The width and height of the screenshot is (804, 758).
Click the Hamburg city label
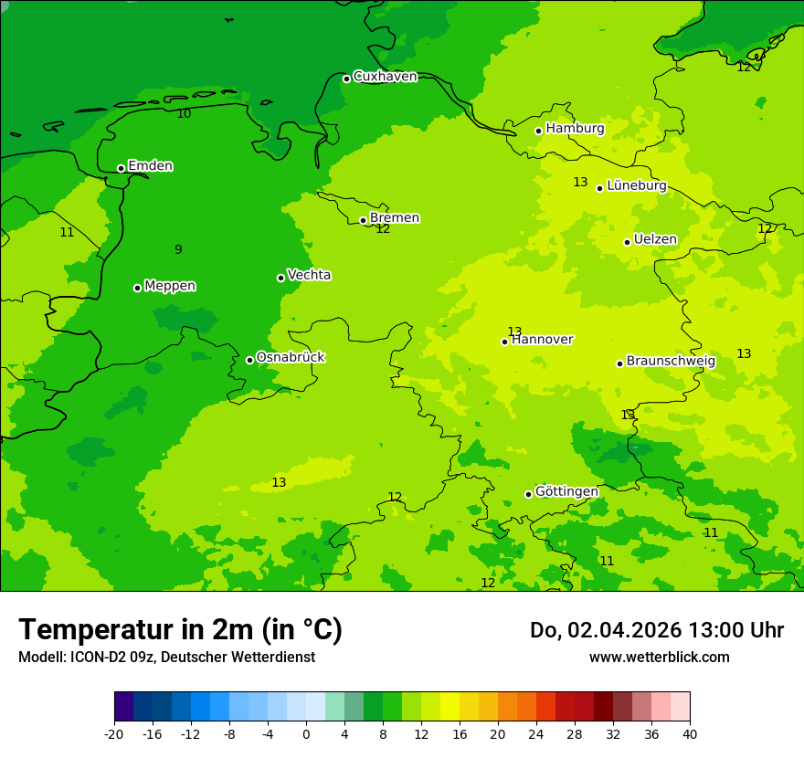575,129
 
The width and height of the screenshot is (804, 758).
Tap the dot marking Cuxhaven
346,79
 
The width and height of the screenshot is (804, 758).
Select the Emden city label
150,166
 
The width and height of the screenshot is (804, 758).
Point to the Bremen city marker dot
363,220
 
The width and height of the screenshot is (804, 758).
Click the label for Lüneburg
636,185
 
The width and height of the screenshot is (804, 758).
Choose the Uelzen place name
655,240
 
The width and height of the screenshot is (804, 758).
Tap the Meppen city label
169,286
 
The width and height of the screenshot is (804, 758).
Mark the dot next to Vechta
280,278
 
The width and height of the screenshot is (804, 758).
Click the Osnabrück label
290,357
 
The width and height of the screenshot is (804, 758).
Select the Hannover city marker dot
504,342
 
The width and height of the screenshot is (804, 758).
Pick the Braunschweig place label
671,361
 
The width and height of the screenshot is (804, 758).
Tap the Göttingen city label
566,491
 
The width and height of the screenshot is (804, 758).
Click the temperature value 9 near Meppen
178,249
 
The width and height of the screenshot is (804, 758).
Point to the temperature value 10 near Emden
184,114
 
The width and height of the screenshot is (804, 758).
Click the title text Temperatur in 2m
180,630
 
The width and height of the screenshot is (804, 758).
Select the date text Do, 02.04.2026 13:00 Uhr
656,630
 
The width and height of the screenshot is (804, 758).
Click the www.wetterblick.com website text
659,658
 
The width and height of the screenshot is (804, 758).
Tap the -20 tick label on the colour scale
114,733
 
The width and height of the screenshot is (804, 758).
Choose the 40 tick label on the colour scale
690,733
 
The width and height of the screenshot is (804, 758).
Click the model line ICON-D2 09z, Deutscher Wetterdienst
166,658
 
